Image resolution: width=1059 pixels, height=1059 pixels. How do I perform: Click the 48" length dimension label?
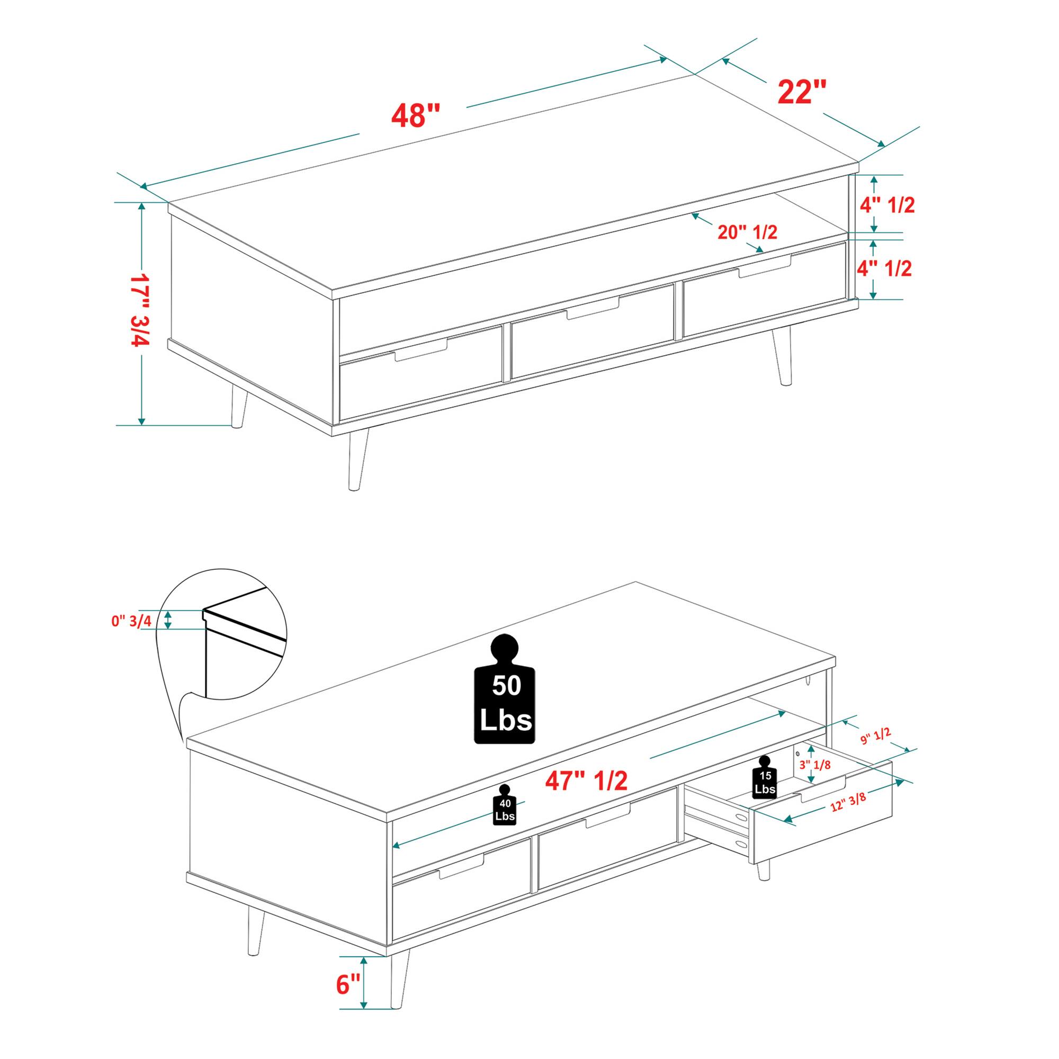tap(416, 115)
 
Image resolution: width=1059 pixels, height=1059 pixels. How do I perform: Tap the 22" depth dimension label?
tap(802, 92)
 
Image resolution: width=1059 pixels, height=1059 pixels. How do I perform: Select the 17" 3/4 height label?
tap(139, 310)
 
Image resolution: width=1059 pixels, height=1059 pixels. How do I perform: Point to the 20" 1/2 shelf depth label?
tap(748, 232)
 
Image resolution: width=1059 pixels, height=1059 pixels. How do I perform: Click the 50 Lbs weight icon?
tap(505, 689)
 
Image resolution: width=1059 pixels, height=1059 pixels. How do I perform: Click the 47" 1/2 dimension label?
tap(586, 780)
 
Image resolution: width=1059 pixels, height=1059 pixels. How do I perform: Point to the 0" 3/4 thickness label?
tap(131, 621)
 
